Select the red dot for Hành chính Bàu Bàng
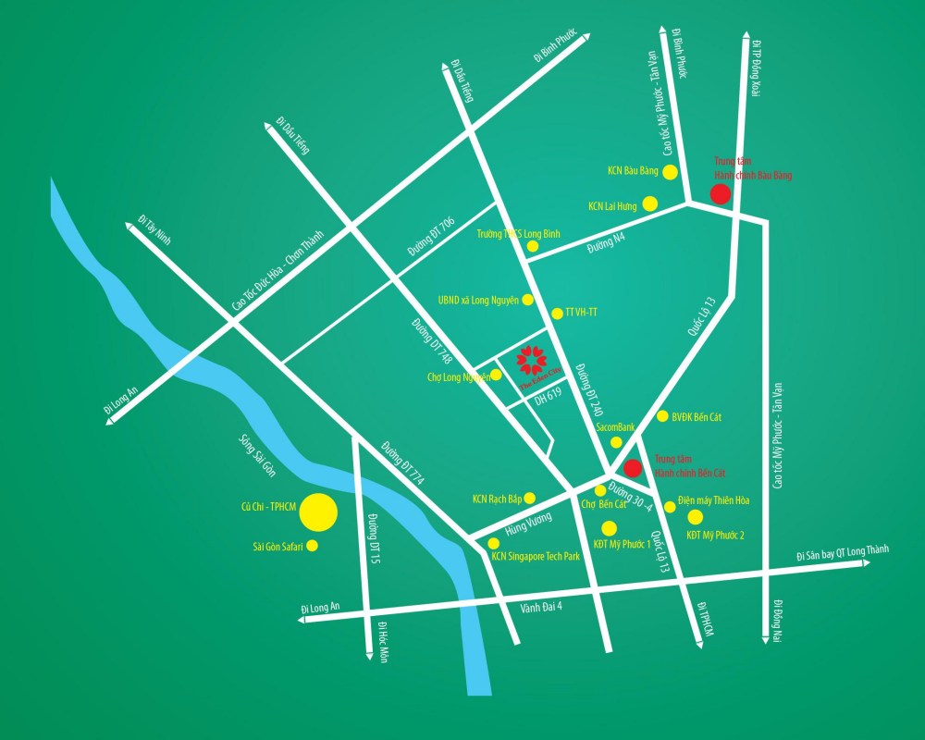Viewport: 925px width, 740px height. tap(719, 193)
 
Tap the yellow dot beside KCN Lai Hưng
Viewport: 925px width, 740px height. tap(650, 203)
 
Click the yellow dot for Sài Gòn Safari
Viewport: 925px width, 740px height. tap(312, 546)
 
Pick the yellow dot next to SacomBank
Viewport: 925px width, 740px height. tap(616, 442)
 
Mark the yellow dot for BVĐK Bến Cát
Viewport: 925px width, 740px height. tap(661, 416)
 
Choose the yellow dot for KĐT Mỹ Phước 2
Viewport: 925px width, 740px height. tap(695, 516)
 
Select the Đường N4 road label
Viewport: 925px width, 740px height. tap(607, 245)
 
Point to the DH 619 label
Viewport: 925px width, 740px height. tap(548, 394)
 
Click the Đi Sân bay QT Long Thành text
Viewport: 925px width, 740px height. tap(842, 553)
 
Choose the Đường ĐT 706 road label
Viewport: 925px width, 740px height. tap(431, 238)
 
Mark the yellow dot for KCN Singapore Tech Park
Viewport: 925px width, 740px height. tap(493, 543)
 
